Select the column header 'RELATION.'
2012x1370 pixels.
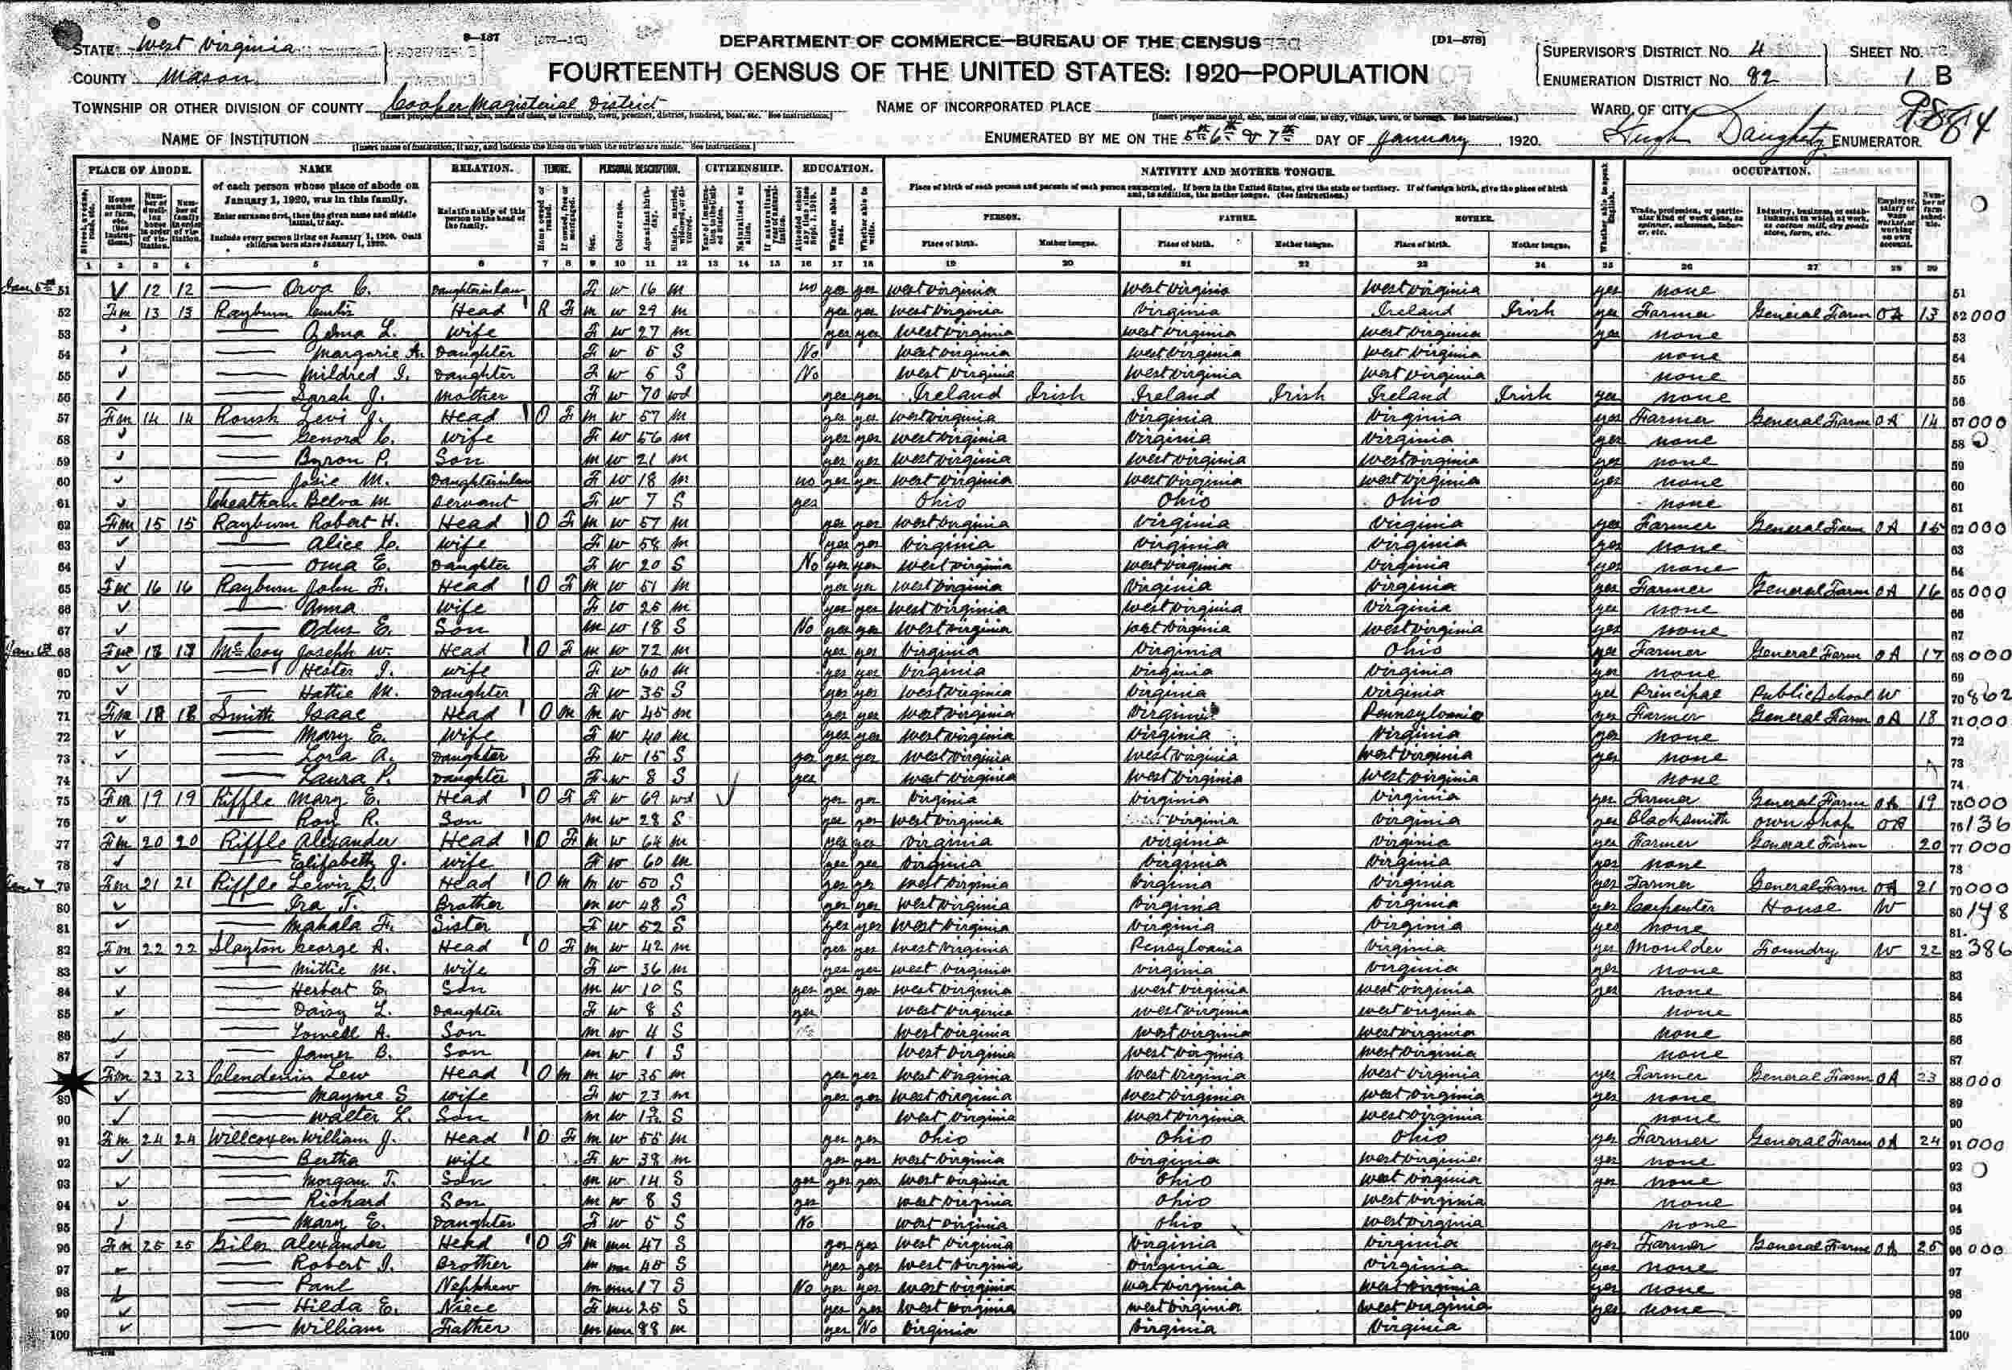[481, 169]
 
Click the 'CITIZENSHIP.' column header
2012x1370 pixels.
[744, 169]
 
